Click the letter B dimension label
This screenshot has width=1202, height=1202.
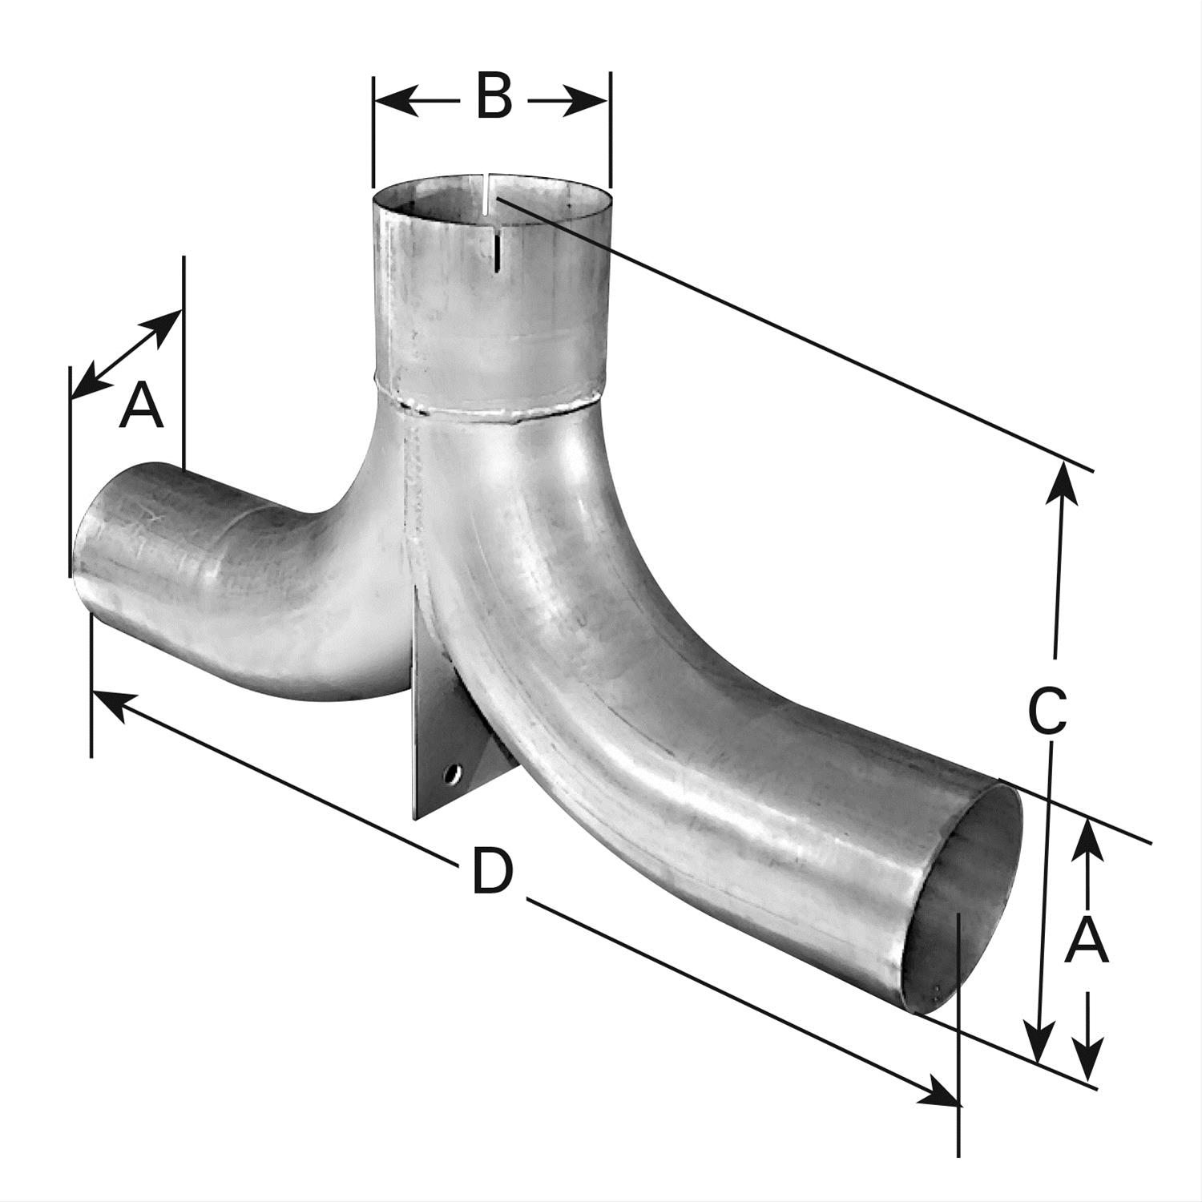(x=494, y=97)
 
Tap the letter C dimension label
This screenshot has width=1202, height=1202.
(x=1048, y=710)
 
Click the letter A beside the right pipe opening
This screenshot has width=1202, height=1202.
(x=1087, y=941)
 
